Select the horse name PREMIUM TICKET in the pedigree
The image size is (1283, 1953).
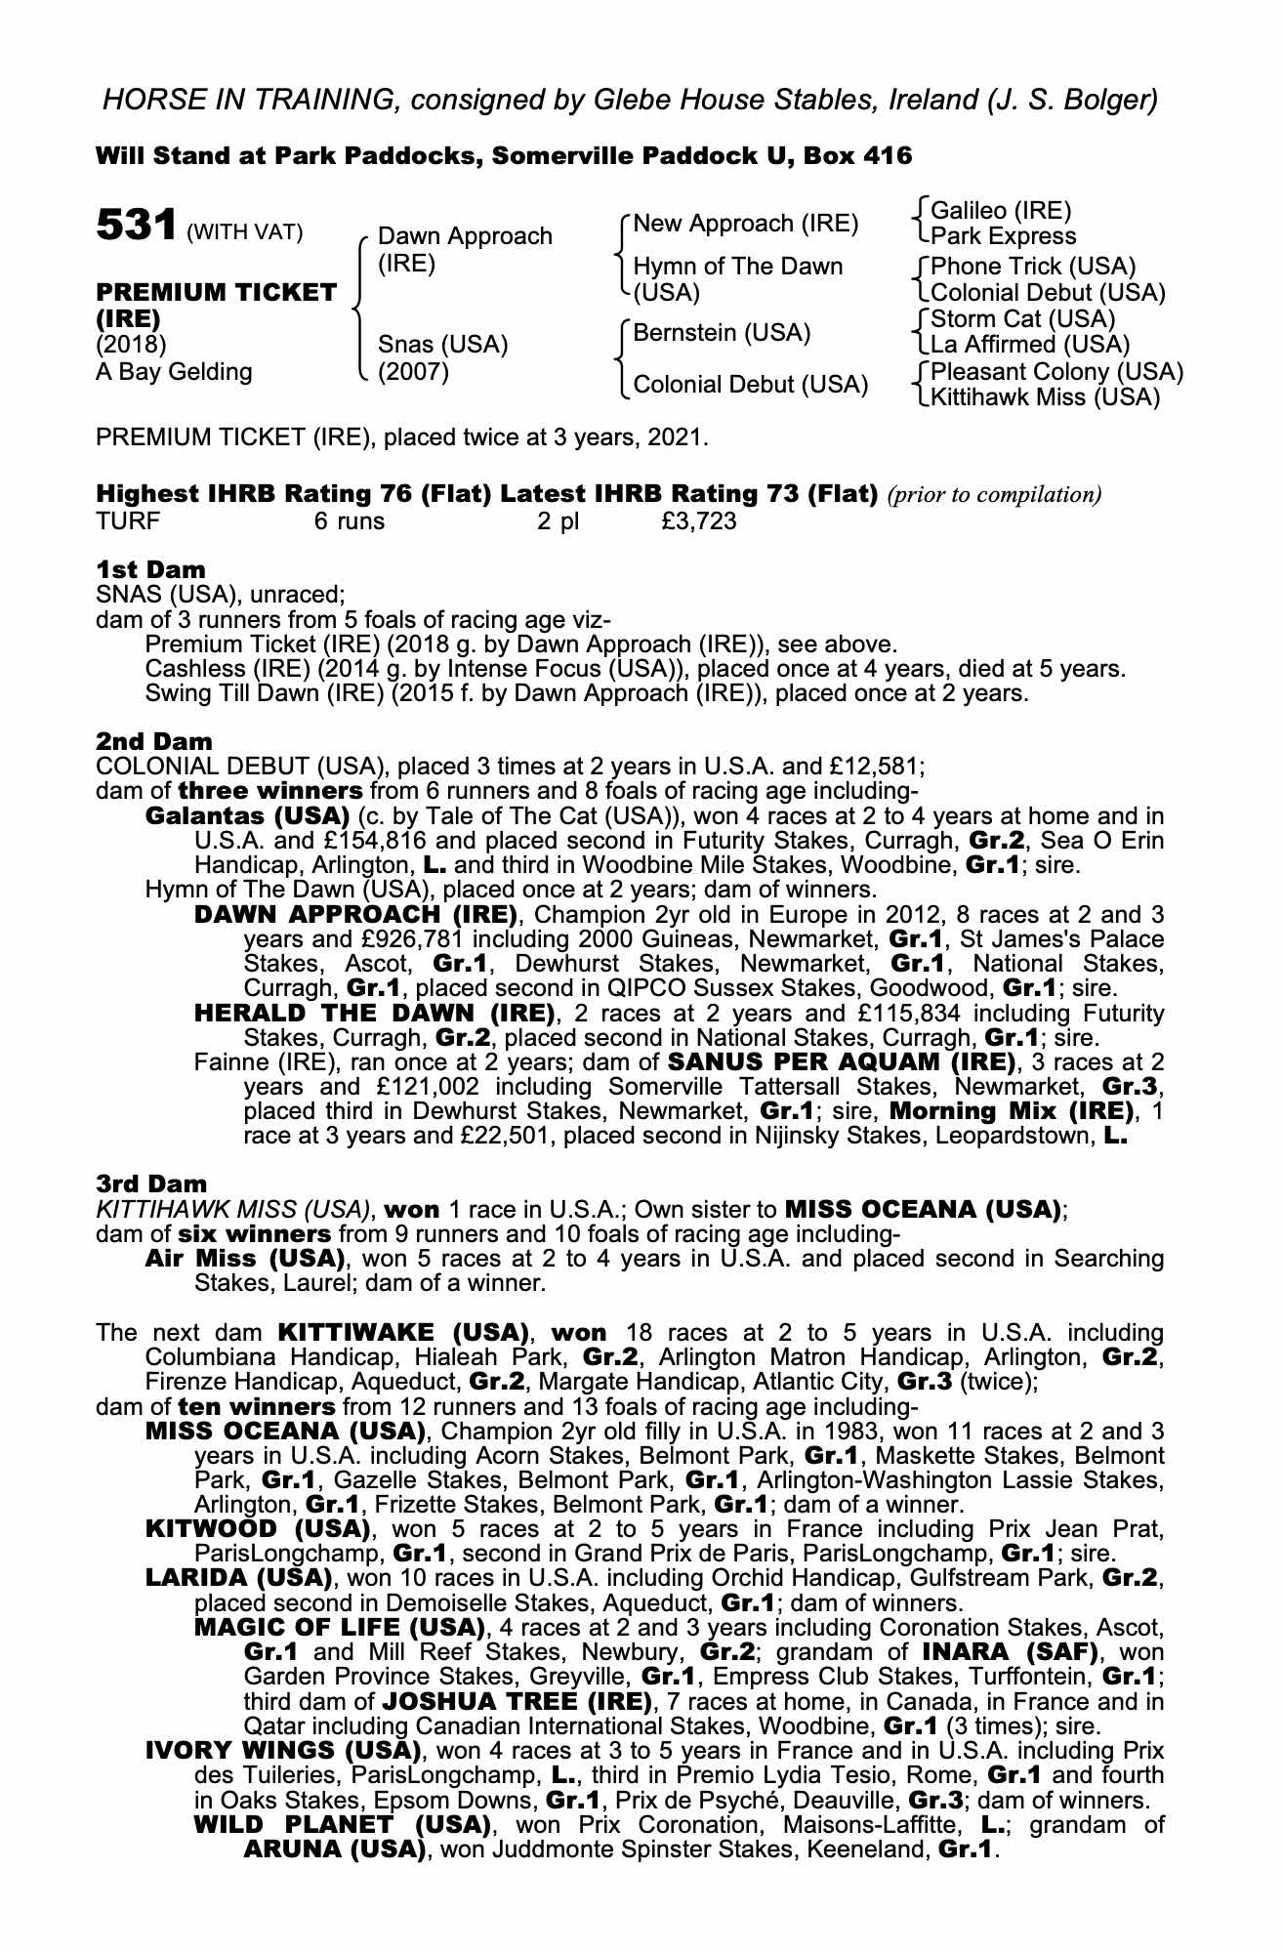coord(216,293)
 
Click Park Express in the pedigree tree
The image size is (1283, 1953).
coord(1003,236)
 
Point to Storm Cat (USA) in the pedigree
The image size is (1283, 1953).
coord(1022,319)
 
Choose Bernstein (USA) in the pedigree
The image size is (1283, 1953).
coord(722,333)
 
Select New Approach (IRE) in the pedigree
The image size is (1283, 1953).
coord(745,224)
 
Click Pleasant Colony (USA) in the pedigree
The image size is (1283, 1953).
coord(1056,372)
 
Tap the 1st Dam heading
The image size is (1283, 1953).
coord(150,570)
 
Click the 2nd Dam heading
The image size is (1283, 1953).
coord(153,742)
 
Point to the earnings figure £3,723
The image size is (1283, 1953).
coord(698,521)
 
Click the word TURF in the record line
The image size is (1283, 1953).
coord(128,521)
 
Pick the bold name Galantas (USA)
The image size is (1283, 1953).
coord(247,815)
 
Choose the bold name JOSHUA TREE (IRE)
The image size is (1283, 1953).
coord(516,1702)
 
